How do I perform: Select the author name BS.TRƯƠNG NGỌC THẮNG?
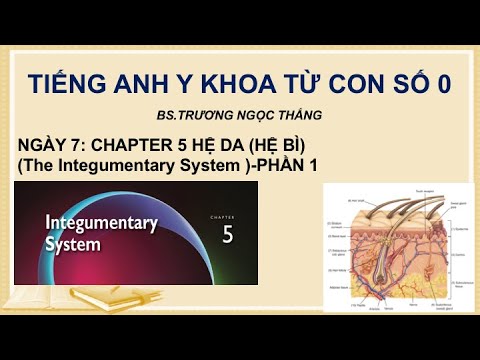[239, 117]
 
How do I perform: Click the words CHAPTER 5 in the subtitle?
[146, 146]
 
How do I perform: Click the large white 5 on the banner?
[227, 234]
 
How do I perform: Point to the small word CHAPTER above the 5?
[227, 214]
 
